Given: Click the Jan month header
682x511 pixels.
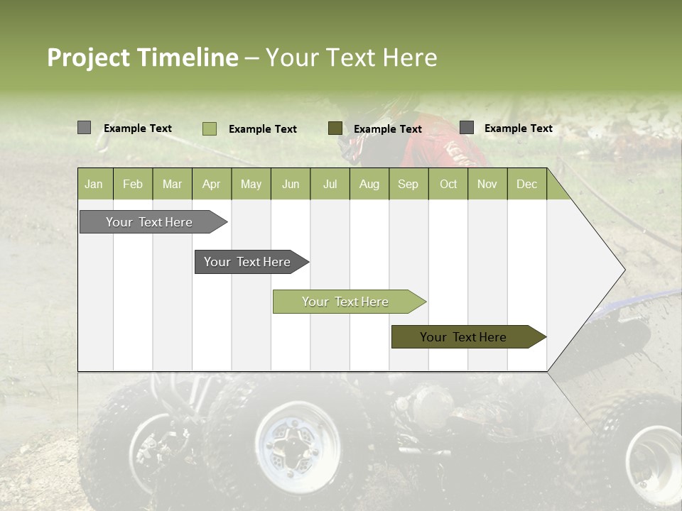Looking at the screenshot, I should [x=94, y=184].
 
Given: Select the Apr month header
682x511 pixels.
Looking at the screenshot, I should [x=212, y=184].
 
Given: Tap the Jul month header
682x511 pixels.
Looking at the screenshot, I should [x=330, y=184].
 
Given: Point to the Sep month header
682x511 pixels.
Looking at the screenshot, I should [x=408, y=184].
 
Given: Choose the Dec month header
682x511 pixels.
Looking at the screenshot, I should [x=527, y=184].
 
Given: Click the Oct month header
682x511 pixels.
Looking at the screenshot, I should [x=448, y=184].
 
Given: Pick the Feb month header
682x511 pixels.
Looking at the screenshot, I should [x=133, y=184].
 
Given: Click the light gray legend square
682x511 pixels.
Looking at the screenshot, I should [x=84, y=128].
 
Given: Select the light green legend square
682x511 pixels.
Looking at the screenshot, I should [x=210, y=128].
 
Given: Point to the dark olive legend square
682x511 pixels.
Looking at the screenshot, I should [x=335, y=128].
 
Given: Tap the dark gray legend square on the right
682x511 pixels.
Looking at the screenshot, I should [x=467, y=128].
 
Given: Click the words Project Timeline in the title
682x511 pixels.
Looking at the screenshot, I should [x=142, y=57].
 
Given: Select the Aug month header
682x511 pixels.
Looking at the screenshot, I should [x=369, y=184].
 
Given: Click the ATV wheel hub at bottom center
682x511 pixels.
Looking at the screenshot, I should [x=292, y=444].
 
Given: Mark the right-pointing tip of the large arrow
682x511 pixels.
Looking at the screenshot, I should [x=623, y=270].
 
